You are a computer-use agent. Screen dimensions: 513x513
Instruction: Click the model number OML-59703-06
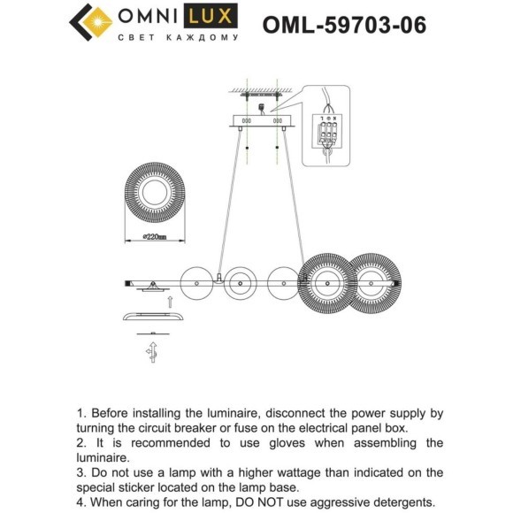tap(344, 25)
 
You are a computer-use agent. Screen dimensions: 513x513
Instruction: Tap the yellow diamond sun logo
tap(97, 22)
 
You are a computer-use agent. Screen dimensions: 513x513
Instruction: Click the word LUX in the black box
tap(211, 16)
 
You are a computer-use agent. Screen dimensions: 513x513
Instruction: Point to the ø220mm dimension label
tap(155, 236)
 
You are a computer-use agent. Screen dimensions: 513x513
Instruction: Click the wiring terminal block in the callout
tap(327, 131)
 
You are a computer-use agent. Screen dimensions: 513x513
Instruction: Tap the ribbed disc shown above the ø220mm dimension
tap(155, 193)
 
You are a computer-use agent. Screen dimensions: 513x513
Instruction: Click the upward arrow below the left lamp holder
tap(170, 302)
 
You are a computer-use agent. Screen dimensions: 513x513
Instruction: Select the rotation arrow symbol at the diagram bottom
tap(152, 352)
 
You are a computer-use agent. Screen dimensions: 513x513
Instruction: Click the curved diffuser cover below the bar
tap(153, 317)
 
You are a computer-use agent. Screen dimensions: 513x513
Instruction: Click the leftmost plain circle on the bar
tap(196, 283)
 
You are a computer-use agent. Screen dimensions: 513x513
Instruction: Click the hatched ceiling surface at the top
tap(261, 90)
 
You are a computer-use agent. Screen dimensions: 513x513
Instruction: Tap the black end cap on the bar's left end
tap(127, 283)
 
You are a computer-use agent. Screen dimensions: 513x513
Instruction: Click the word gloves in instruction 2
tap(287, 443)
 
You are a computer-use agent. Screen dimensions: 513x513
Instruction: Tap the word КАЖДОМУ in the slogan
tap(203, 38)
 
